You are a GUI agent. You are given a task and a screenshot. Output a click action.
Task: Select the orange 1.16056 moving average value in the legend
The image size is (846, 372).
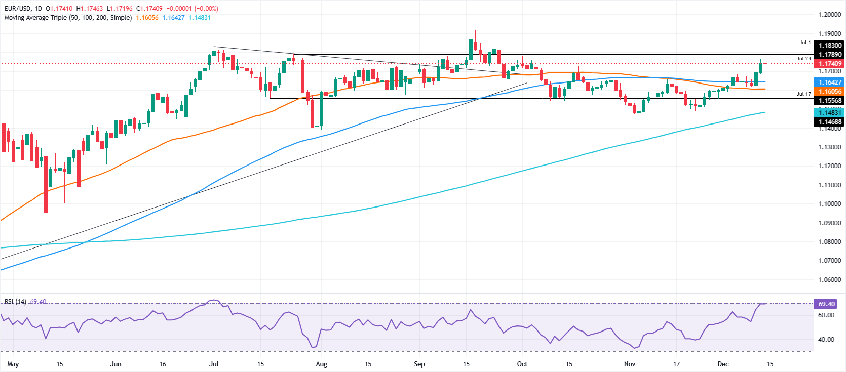tap(147, 18)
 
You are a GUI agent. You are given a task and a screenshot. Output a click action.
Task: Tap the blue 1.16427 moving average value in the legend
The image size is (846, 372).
tap(173, 18)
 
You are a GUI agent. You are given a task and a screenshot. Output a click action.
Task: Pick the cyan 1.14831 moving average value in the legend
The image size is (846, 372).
tap(200, 18)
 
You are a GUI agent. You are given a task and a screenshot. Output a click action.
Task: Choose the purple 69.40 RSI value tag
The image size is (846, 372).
tap(826, 304)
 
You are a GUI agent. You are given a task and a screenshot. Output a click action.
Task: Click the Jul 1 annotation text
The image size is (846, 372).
tap(805, 43)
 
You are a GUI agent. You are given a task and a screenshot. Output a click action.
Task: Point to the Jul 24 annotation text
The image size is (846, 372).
tap(803, 59)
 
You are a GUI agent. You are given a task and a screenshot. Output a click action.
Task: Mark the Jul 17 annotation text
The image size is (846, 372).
tap(803, 94)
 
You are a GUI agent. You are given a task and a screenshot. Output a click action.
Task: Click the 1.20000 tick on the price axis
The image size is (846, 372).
tap(829, 15)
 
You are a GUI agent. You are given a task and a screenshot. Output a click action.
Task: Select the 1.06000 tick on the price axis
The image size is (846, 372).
tap(829, 280)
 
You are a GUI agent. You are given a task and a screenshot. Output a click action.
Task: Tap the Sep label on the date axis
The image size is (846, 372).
tap(419, 364)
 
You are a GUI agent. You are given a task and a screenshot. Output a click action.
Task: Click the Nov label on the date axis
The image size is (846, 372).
tap(630, 364)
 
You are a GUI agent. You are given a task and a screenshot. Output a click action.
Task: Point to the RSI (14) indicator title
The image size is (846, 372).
tap(15, 302)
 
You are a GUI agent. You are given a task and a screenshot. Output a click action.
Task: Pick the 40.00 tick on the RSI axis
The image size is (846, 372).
tap(826, 340)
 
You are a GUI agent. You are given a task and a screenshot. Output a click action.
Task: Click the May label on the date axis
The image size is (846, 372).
tap(13, 364)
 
